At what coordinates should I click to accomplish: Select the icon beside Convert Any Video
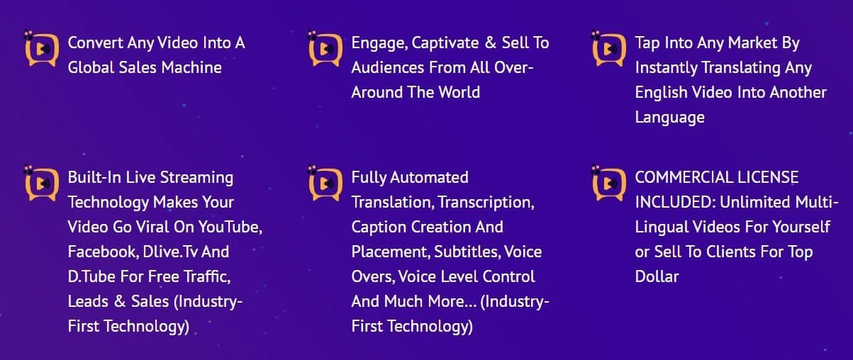(42, 48)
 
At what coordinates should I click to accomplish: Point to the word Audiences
(388, 67)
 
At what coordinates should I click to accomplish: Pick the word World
(459, 92)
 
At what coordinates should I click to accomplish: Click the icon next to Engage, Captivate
(325, 48)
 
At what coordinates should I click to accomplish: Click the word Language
(670, 118)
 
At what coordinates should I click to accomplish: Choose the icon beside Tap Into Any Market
(609, 48)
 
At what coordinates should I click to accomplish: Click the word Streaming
(196, 178)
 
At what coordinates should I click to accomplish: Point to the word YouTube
(230, 227)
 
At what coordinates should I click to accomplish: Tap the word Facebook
(104, 252)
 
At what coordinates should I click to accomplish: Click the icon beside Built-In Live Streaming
(42, 183)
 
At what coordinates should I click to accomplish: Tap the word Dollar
(657, 276)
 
